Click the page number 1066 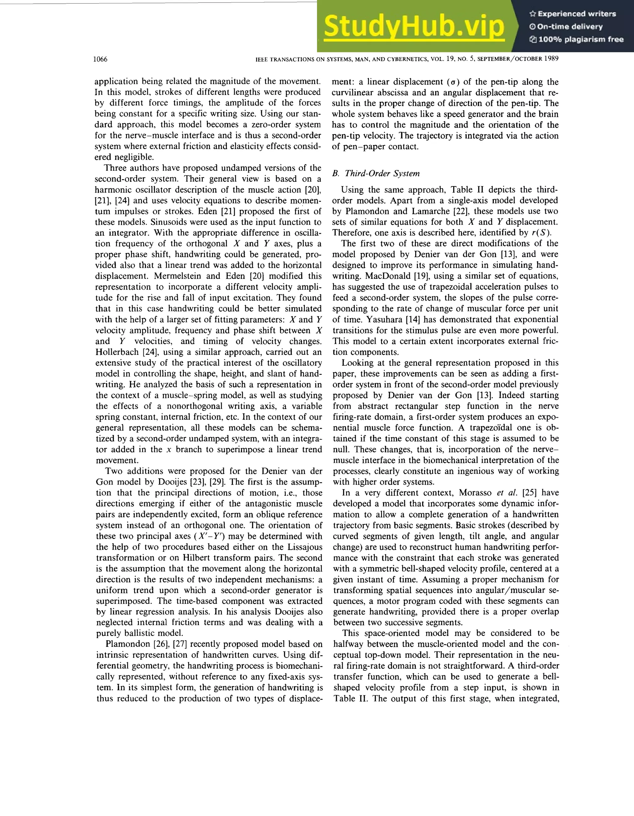(100, 59)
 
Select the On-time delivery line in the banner (566, 27)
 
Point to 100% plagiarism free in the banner (577, 39)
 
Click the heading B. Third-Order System (376, 173)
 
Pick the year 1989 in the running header (551, 59)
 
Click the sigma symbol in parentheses (450, 82)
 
